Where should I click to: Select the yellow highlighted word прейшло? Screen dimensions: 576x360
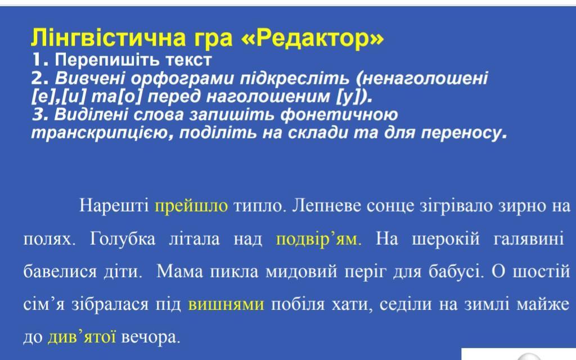(x=191, y=206)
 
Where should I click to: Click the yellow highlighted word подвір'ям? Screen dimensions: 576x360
(x=318, y=240)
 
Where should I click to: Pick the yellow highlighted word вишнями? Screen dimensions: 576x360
(x=226, y=304)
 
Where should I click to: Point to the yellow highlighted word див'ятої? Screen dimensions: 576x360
(x=82, y=337)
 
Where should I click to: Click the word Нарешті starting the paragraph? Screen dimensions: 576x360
(x=114, y=206)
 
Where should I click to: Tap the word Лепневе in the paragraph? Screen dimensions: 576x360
(x=327, y=206)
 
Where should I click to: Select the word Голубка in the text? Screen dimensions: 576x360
(x=123, y=240)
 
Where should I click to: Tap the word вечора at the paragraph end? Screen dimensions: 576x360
(x=150, y=337)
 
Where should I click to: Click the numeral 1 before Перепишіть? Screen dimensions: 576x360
(x=37, y=60)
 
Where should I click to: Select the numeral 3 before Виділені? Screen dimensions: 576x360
(x=38, y=115)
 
